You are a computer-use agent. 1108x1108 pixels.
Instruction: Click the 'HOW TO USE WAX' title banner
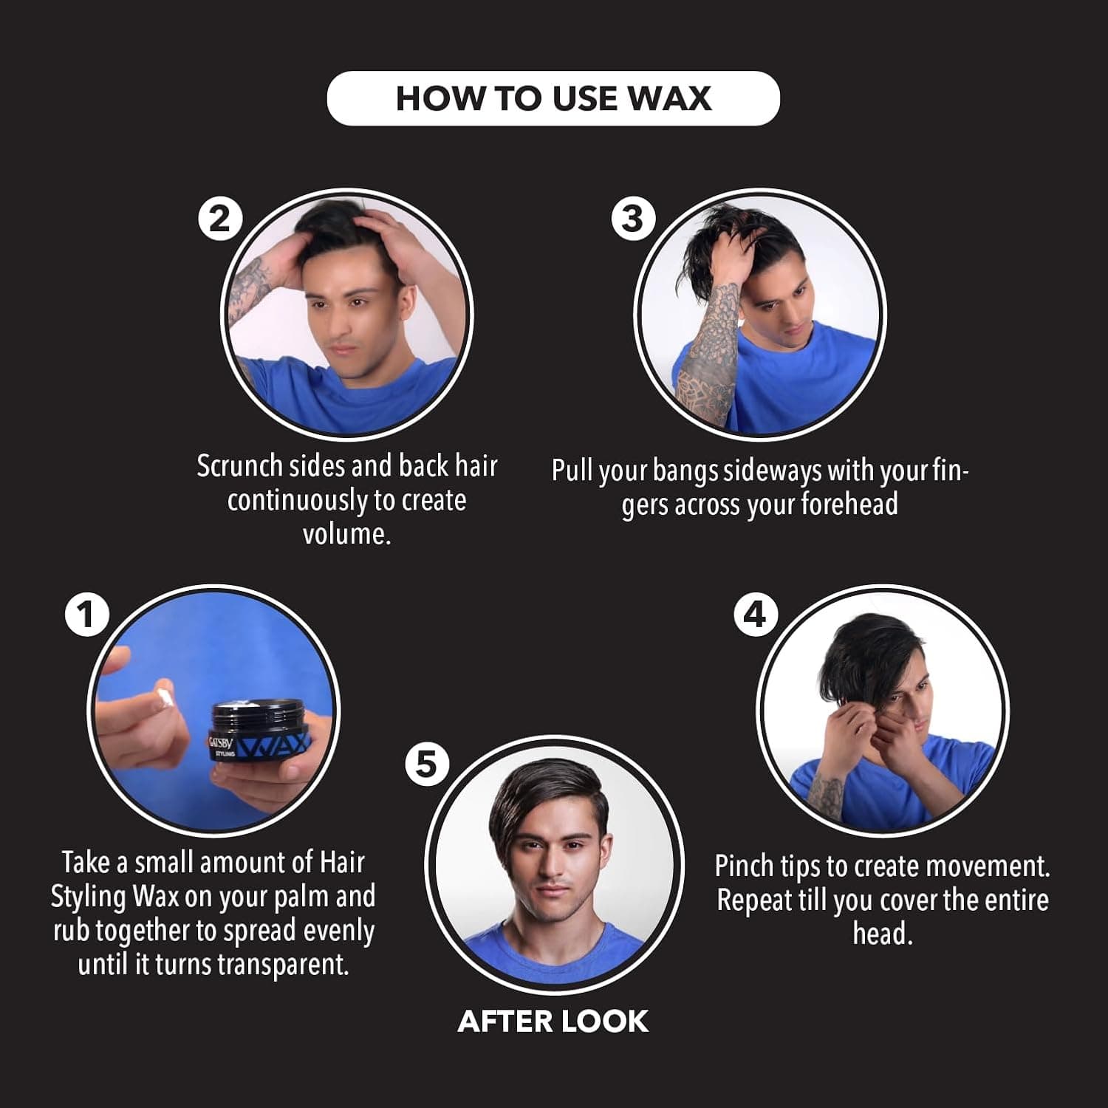[553, 98]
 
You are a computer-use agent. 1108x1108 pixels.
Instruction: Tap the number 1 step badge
[86, 615]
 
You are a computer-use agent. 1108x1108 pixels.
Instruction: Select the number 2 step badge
[220, 219]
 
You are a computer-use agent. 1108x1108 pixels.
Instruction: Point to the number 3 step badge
[633, 219]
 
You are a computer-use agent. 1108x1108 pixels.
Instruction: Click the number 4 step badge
[755, 615]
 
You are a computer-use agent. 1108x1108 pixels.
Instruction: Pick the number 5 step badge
[427, 764]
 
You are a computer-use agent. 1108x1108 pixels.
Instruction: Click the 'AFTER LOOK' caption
[553, 1022]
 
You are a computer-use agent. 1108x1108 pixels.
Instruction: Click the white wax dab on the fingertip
[164, 699]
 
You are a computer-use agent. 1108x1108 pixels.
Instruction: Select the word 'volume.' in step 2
[346, 533]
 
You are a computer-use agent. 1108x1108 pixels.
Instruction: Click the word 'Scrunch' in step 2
[239, 466]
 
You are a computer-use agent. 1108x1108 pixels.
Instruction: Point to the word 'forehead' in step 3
[849, 504]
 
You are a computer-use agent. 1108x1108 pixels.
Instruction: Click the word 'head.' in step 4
[883, 934]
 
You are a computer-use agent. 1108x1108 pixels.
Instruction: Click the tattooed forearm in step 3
[707, 347]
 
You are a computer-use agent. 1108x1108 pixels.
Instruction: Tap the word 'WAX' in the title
[669, 98]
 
